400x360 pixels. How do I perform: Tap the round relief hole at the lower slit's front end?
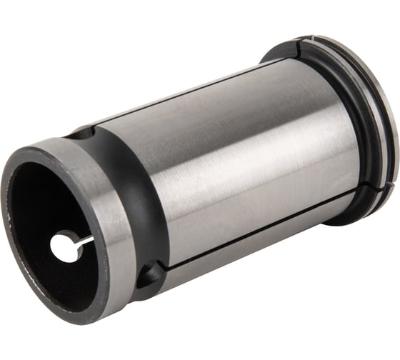pyautogui.click(x=151, y=274)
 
